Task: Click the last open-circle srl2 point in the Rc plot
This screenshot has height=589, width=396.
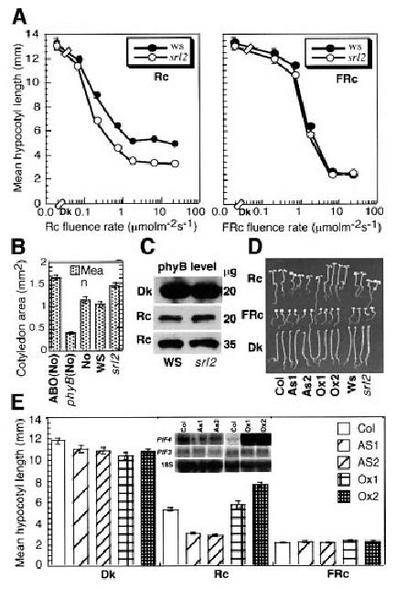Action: coord(175,165)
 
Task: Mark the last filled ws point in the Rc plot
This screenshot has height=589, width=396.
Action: coord(175,144)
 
